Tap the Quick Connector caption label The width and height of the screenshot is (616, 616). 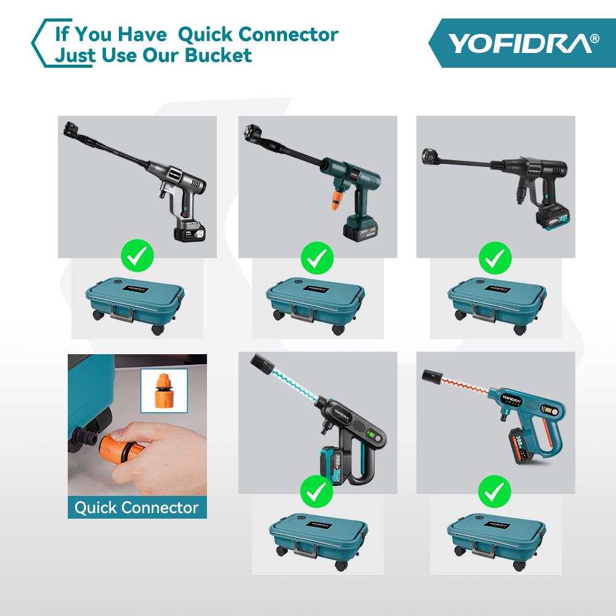click(137, 508)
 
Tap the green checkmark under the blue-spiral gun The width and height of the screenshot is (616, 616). click(317, 492)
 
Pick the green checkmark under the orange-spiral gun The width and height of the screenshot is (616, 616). click(495, 492)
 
